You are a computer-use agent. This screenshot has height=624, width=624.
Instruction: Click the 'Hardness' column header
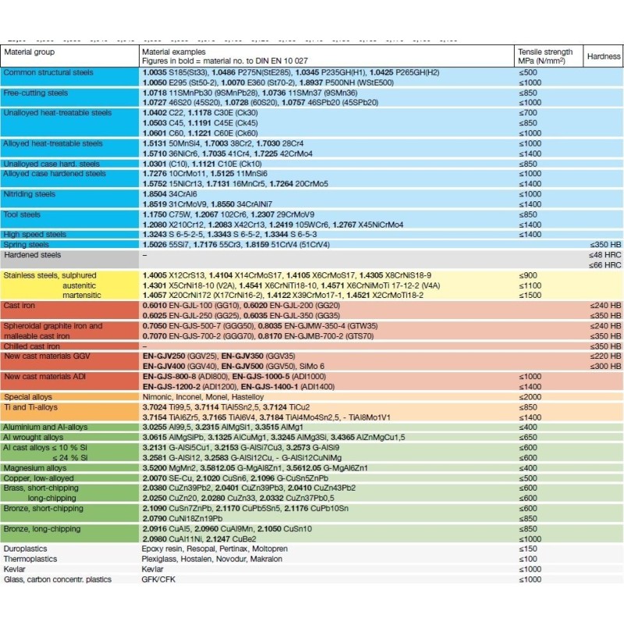(604, 56)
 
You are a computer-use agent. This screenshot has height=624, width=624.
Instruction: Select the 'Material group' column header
(29, 52)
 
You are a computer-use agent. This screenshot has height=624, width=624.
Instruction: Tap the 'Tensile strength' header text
(549, 52)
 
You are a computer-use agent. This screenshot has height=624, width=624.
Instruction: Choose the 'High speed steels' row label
(34, 234)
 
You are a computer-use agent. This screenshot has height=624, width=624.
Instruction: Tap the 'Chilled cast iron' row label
(32, 346)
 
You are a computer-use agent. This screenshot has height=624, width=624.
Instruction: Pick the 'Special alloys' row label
(29, 396)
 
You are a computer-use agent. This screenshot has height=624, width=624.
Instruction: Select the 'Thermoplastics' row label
(30, 558)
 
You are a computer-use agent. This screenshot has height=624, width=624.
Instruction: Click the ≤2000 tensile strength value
(530, 396)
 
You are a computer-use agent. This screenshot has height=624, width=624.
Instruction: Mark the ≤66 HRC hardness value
(604, 265)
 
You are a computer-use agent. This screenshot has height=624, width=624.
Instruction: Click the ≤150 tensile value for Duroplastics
(528, 548)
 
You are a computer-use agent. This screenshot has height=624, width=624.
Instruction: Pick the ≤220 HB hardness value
(605, 356)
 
